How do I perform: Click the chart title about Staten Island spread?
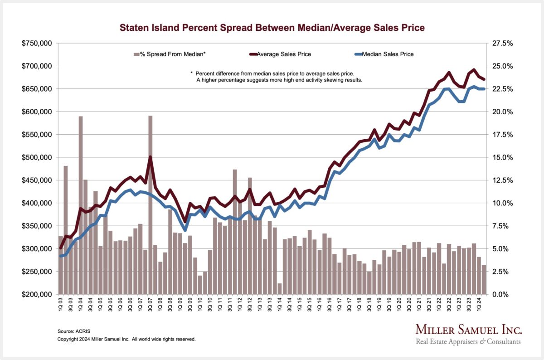click(x=272, y=28)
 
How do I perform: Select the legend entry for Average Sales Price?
click(x=283, y=54)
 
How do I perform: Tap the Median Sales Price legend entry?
click(x=385, y=54)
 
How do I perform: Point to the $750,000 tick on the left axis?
click(x=37, y=44)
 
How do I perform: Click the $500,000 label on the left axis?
click(x=37, y=157)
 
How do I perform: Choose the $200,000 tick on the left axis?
click(x=37, y=294)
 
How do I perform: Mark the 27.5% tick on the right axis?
click(x=503, y=44)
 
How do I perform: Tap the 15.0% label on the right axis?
click(x=503, y=157)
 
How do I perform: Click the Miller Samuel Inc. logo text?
click(x=468, y=330)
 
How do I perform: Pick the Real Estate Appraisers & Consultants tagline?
click(x=468, y=341)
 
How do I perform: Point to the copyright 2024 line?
click(x=126, y=339)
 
